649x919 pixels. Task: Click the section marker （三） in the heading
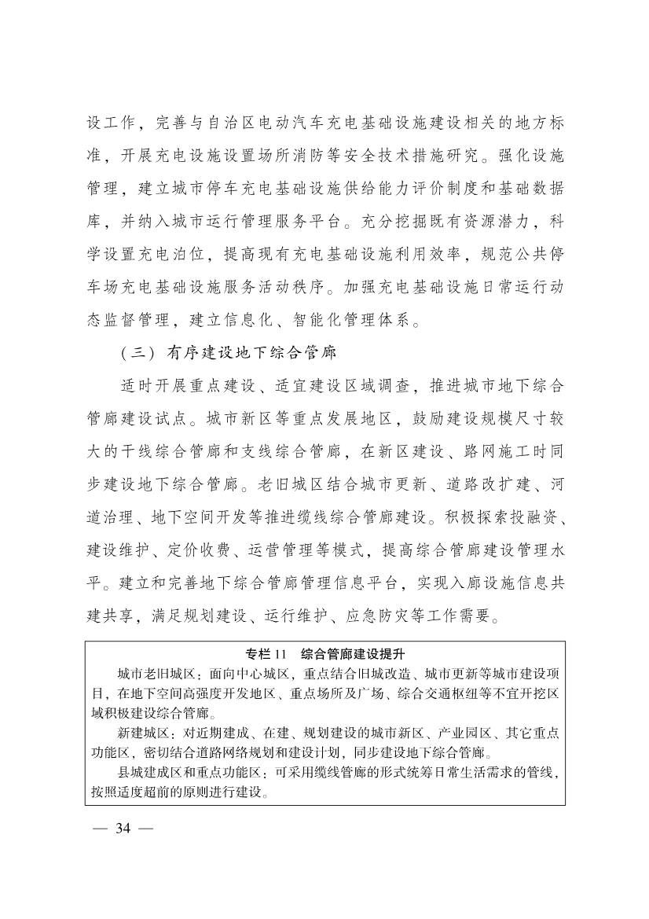139,354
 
